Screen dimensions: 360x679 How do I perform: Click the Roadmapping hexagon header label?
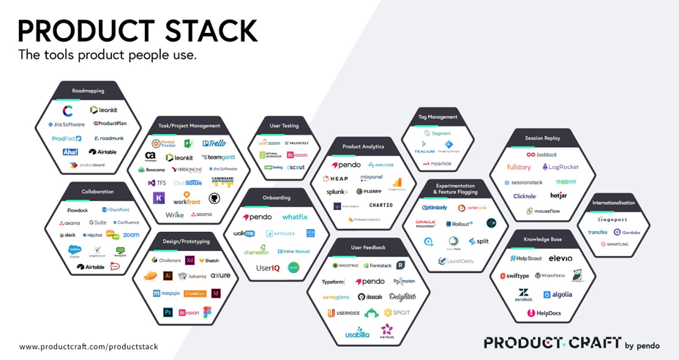coord(88,91)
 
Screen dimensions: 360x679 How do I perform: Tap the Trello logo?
coord(214,143)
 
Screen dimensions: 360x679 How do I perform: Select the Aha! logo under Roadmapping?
coord(70,152)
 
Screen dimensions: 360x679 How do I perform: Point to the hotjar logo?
coord(558,196)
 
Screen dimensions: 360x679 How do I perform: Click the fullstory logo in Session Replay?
coord(519,168)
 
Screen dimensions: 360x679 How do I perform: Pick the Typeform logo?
coord(333,282)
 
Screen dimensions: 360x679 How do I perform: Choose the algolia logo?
coord(558,295)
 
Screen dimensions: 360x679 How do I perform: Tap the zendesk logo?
coord(523,295)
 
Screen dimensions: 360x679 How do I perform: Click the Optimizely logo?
coord(435,208)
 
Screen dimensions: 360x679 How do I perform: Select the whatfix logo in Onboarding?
coord(295,217)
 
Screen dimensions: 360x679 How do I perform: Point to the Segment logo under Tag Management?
coord(437,133)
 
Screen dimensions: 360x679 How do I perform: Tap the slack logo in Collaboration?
coord(68,236)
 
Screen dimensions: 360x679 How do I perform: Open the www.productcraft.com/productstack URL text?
coord(89,347)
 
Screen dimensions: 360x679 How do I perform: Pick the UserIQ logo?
coord(267,269)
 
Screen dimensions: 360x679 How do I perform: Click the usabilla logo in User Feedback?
coord(357,334)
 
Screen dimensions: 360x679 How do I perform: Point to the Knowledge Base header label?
coord(542,239)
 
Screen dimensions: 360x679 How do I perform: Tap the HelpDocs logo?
coord(544,314)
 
